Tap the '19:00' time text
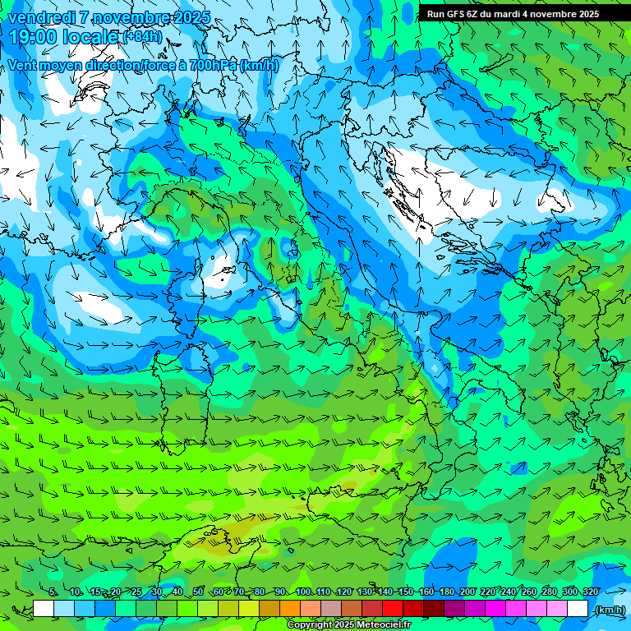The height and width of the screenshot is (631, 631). pos(32,37)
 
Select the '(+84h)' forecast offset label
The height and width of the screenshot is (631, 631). pos(142,37)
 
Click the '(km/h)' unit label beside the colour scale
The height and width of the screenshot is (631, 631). pos(609,609)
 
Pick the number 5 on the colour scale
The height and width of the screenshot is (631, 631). pos(52,592)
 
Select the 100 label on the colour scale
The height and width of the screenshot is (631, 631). pos(303,592)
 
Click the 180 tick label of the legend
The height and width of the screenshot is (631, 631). pos(446,592)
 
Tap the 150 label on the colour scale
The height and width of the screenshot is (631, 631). pos(405,592)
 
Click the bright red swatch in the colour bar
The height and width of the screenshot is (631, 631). pos(393,609)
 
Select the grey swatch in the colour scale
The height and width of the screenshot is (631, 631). pos(331,609)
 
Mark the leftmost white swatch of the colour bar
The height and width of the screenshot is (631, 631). pos(44,609)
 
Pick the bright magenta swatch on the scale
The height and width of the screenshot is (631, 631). pos(495,609)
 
